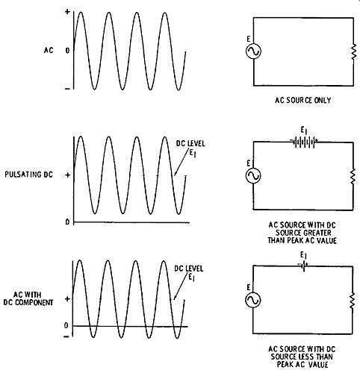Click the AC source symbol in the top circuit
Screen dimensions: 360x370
tap(253, 51)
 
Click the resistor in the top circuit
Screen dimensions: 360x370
tap(353, 51)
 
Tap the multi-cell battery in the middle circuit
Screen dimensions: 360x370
tap(304, 142)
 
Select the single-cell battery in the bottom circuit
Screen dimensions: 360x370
tap(303, 266)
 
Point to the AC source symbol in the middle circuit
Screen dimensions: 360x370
tap(253, 175)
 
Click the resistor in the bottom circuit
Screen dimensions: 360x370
tap(352, 301)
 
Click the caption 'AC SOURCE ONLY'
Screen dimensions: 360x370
tap(303, 100)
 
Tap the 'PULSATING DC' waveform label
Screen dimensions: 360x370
tap(29, 175)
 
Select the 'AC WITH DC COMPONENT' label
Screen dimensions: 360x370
tap(28, 298)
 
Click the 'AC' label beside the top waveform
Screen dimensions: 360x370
tap(49, 50)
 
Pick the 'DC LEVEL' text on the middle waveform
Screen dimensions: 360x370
tap(190, 143)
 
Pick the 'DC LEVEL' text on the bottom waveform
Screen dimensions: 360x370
tap(189, 269)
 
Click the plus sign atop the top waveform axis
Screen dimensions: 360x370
tap(67, 11)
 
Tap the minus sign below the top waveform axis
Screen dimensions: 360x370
tap(67, 89)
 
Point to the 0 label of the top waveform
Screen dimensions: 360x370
tap(67, 51)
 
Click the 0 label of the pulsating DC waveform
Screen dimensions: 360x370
tap(67, 222)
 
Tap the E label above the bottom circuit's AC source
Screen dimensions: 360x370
tap(248, 287)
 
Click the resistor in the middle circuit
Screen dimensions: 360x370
tap(353, 176)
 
